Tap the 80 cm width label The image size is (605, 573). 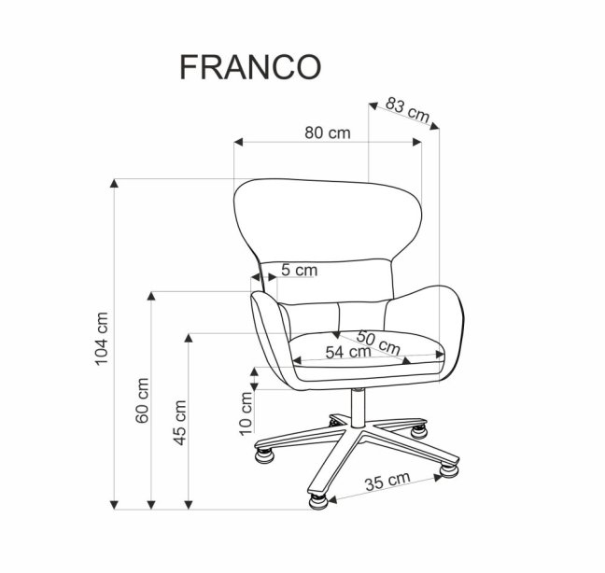[327, 133]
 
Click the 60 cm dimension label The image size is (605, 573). [142, 401]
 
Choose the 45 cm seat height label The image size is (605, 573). [180, 422]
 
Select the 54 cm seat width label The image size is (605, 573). [343, 353]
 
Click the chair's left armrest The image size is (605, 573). [265, 331]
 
